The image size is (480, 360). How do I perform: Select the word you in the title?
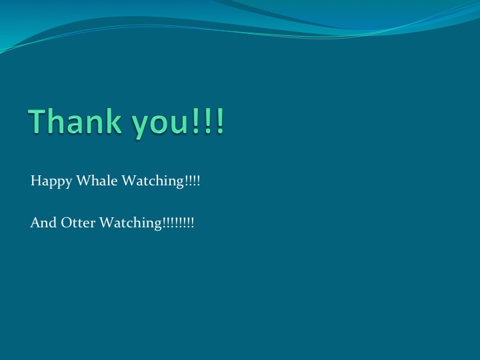[159, 125]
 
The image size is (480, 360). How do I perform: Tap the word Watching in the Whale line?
[152, 181]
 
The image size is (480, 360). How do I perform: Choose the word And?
[42, 223]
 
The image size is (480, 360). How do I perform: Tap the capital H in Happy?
[35, 181]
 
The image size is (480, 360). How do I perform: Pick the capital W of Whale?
[80, 181]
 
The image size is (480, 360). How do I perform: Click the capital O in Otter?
[65, 223]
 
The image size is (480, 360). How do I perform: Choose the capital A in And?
[35, 223]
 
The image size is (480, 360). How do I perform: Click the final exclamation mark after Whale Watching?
[198, 181]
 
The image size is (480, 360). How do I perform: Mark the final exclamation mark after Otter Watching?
[193, 223]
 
